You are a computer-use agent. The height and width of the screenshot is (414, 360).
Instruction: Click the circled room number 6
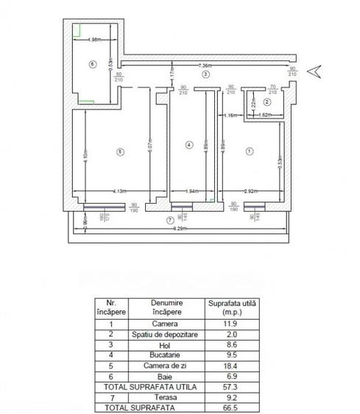tap(92, 64)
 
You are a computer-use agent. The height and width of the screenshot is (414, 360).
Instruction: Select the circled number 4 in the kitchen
tap(189, 145)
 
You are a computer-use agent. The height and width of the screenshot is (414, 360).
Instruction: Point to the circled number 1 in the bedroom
tap(249, 151)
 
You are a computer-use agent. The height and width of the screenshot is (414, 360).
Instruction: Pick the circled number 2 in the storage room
tap(267, 101)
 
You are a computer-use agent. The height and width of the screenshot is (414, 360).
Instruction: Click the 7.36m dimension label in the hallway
tap(206, 66)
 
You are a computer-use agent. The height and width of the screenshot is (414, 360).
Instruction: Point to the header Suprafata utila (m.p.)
tap(227, 307)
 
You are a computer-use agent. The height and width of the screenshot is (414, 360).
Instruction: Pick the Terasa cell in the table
tap(166, 394)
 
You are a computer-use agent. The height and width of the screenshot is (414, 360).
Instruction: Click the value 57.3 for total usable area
tap(227, 384)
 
